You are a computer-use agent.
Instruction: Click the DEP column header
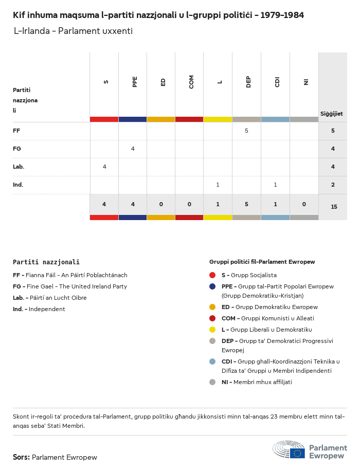tap(248, 82)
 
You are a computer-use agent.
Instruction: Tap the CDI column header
tap(277, 82)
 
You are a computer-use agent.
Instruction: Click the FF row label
tap(16, 131)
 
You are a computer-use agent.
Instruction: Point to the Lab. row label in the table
tap(19, 167)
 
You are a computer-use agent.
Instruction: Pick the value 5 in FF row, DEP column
tap(246, 131)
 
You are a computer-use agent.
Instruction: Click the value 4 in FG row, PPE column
tap(133, 149)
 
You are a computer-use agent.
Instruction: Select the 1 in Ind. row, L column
tap(218, 185)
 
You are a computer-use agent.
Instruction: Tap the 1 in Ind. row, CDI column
tap(275, 185)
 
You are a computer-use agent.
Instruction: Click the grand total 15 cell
tap(334, 207)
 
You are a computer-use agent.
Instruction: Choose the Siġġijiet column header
tap(332, 114)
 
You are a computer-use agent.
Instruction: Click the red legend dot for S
tap(212, 275)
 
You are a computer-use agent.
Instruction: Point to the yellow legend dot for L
tap(212, 330)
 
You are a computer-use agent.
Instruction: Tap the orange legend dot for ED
tap(212, 307)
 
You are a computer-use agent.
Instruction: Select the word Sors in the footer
tap(21, 457)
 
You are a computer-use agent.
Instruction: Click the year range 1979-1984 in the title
tap(282, 15)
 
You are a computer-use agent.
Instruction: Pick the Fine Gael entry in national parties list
tap(69, 286)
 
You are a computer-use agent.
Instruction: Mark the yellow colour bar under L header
tap(218, 119)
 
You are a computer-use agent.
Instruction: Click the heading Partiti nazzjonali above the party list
tap(46, 262)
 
